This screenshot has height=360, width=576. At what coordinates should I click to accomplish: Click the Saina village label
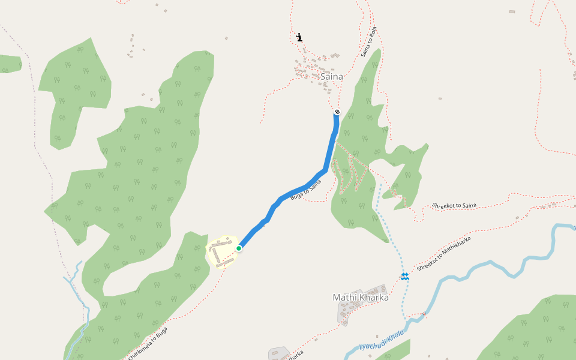332,77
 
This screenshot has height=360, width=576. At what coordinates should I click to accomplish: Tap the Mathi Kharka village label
361,297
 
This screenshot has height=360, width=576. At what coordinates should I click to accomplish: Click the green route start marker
239,248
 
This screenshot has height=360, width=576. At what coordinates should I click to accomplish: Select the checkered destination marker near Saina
337,112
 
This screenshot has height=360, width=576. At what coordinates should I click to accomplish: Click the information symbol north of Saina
299,38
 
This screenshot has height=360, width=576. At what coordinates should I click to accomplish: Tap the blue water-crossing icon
405,276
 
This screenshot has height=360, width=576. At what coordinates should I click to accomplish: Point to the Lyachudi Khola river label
382,342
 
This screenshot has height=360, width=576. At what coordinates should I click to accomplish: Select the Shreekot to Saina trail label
454,206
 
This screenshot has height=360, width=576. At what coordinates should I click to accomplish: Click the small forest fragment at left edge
10,63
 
